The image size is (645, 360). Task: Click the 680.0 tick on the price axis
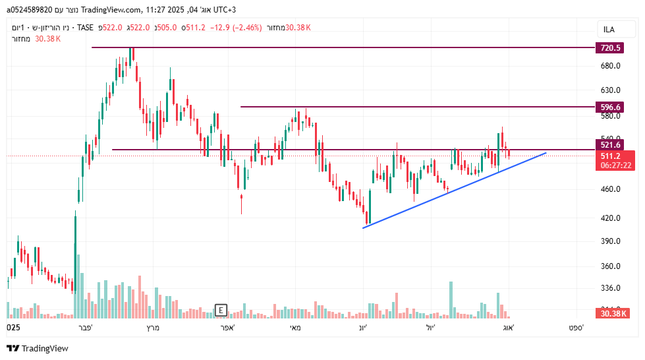tap(611, 66)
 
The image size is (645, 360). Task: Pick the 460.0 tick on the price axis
tap(611, 189)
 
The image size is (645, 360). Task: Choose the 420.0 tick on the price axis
tap(611, 218)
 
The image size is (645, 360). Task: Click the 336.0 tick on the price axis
tap(611, 288)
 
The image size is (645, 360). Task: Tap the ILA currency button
tap(609, 30)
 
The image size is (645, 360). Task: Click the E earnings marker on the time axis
tap(221, 310)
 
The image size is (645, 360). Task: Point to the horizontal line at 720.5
tap(329, 47)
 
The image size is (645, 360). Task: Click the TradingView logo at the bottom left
tap(38, 348)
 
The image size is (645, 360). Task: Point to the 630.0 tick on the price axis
tap(611, 90)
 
